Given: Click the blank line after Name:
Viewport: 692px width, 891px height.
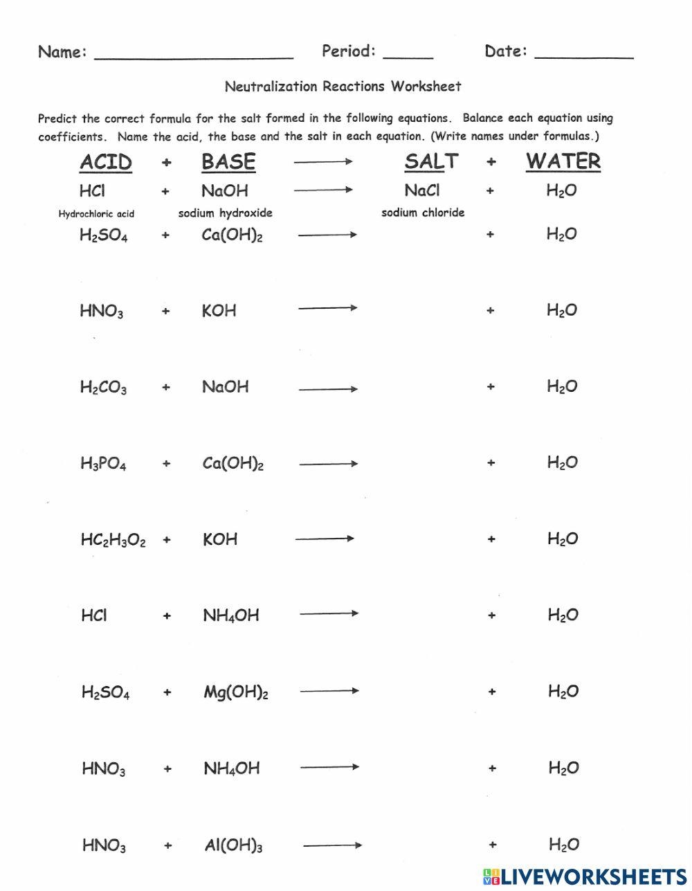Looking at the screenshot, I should [194, 55].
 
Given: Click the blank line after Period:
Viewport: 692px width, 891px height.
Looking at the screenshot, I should [408, 55].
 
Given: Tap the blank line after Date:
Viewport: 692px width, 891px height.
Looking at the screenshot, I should [584, 55].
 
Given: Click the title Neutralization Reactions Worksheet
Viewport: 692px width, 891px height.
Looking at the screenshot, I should [343, 87].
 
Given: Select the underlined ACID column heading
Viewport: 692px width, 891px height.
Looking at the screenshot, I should [106, 162].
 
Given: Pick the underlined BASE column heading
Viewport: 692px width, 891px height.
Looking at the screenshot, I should [228, 162].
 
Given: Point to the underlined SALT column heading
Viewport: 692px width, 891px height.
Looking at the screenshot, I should [431, 161].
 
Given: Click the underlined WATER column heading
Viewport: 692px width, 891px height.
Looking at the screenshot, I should [563, 161].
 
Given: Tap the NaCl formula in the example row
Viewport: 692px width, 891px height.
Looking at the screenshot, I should [422, 190].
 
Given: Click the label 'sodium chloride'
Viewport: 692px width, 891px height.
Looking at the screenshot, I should [423, 213].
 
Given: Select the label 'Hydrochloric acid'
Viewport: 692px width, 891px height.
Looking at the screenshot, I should [96, 214].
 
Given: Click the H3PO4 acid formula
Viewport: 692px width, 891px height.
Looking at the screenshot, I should [103, 463].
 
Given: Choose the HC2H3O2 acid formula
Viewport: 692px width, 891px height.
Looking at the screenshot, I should [113, 540].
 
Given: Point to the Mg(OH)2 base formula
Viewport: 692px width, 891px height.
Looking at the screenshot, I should [235, 692].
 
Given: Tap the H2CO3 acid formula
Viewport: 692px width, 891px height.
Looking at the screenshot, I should [103, 387].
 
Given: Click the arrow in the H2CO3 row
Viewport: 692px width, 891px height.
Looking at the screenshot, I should [328, 388].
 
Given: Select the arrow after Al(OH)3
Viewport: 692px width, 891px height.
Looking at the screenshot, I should [333, 845].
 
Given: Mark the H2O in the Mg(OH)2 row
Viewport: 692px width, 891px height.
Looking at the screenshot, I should [563, 691].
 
